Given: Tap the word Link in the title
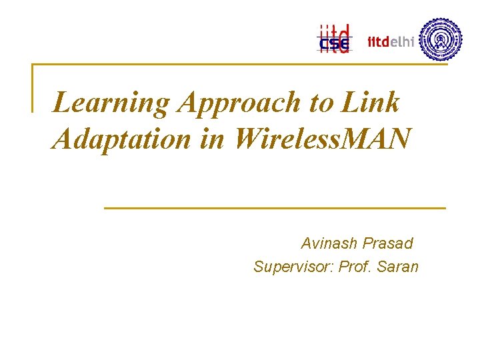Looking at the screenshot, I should pos(371,103).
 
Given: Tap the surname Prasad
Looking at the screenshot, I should pos(388,243).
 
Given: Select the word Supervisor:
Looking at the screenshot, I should pos(293,267).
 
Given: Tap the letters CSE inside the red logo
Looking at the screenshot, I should pos(333,45).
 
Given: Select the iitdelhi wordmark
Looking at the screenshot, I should pos(391,42).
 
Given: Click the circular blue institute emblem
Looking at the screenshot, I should pos(441,39).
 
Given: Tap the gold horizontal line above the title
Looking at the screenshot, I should pos(240,65).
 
